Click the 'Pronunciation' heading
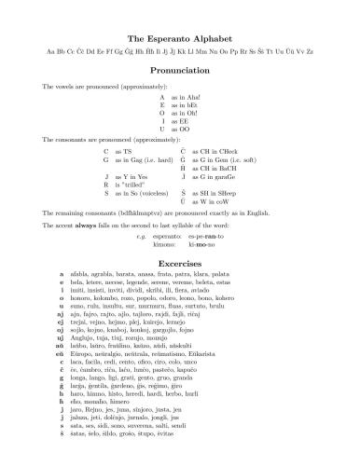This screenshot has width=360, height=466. pyautogui.click(x=180, y=68)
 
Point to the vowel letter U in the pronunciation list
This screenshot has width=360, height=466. pyautogui.click(x=162, y=129)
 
